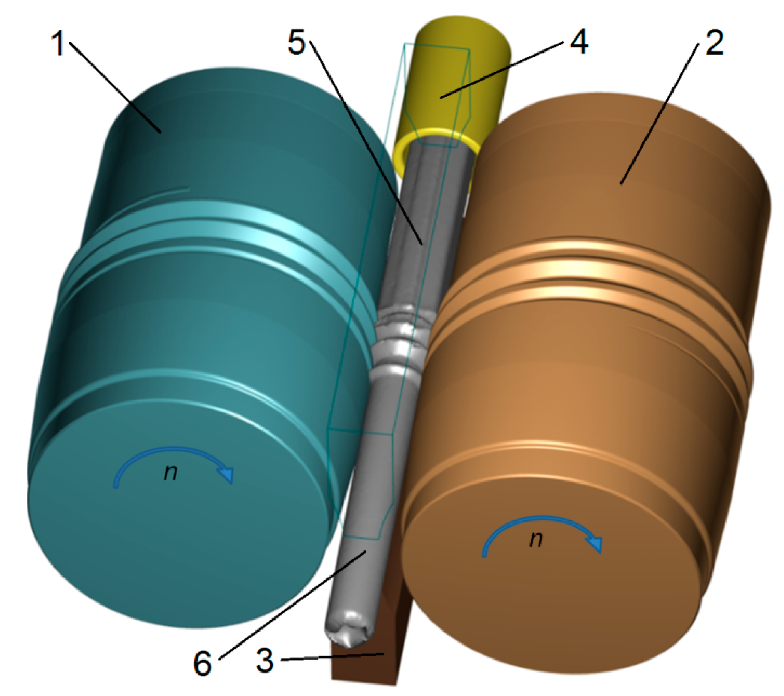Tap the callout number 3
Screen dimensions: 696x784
[265, 661]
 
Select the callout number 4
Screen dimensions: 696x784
[578, 42]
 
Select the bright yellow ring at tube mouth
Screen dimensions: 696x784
[436, 137]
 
